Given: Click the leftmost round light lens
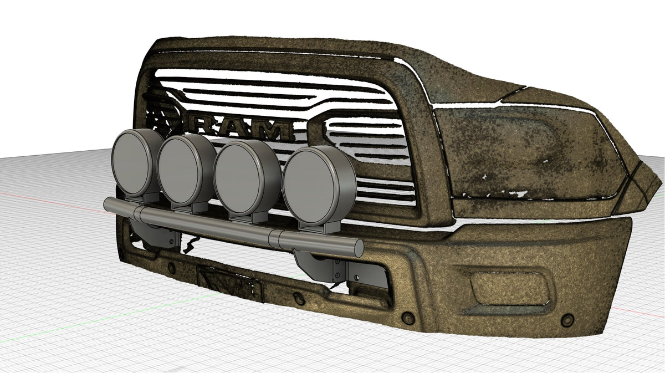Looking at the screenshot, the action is [132, 164].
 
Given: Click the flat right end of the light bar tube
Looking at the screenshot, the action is [359, 248].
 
